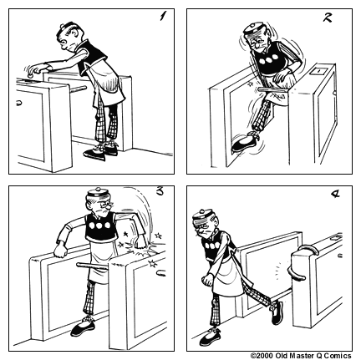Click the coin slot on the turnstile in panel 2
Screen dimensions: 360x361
point(316,74)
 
